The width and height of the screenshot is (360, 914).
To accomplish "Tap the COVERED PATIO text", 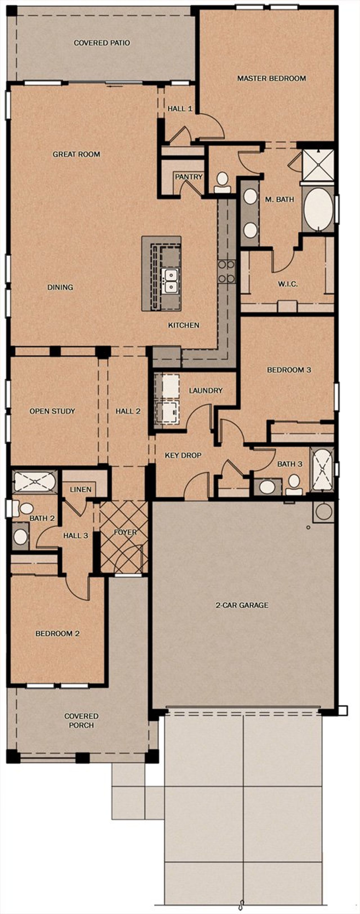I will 102,43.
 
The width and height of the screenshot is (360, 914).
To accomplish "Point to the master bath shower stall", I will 318,165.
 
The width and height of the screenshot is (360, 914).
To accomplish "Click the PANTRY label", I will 189,177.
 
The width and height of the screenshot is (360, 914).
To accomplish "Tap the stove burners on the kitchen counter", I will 226,271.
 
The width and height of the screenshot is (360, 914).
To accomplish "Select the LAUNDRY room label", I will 206,390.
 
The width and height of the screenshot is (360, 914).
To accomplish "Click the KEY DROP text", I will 183,455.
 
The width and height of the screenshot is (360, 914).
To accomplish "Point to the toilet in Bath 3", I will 294,485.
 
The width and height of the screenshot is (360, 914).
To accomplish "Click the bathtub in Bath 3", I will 322,470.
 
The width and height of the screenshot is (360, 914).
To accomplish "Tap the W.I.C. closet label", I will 288,284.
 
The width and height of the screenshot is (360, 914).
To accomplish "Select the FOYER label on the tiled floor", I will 125,532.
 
